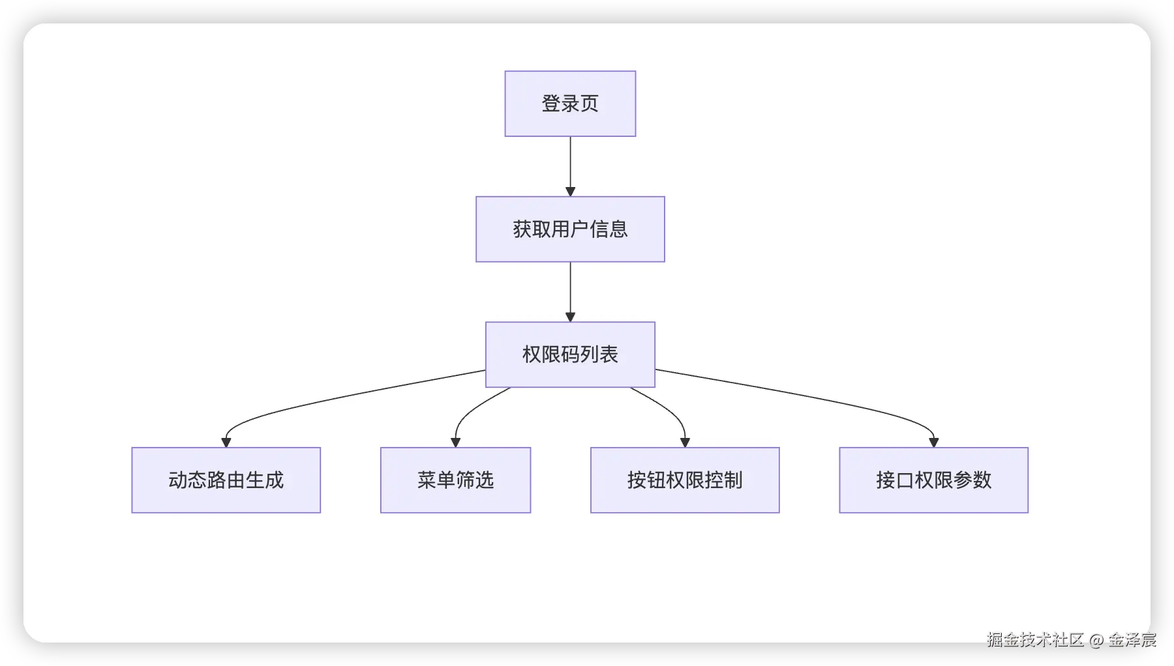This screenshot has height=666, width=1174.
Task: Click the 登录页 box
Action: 570,104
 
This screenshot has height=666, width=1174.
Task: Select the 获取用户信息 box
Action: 570,229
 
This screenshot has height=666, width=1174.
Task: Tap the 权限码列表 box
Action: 570,355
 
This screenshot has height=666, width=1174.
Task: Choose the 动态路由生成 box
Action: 226,480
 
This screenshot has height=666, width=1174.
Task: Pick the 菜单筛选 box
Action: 455,480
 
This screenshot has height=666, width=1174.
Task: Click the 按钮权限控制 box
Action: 685,480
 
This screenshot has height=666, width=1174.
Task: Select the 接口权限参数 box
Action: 933,480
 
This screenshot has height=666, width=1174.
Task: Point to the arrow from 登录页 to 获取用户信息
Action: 570,166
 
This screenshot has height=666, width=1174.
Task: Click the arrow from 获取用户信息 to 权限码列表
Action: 570,292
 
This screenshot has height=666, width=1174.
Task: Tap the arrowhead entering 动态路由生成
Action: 226,442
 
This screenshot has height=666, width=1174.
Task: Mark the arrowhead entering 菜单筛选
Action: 455,442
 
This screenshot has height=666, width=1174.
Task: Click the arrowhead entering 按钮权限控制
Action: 685,442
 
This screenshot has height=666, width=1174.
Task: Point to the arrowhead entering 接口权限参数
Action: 933,442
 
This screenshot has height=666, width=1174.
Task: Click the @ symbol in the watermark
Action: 1096,641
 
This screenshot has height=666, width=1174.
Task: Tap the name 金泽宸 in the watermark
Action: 1132,640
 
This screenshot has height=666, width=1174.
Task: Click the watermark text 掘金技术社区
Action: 1035,640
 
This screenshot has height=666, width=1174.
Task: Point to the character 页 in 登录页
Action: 590,104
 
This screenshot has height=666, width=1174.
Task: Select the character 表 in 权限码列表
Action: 609,355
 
